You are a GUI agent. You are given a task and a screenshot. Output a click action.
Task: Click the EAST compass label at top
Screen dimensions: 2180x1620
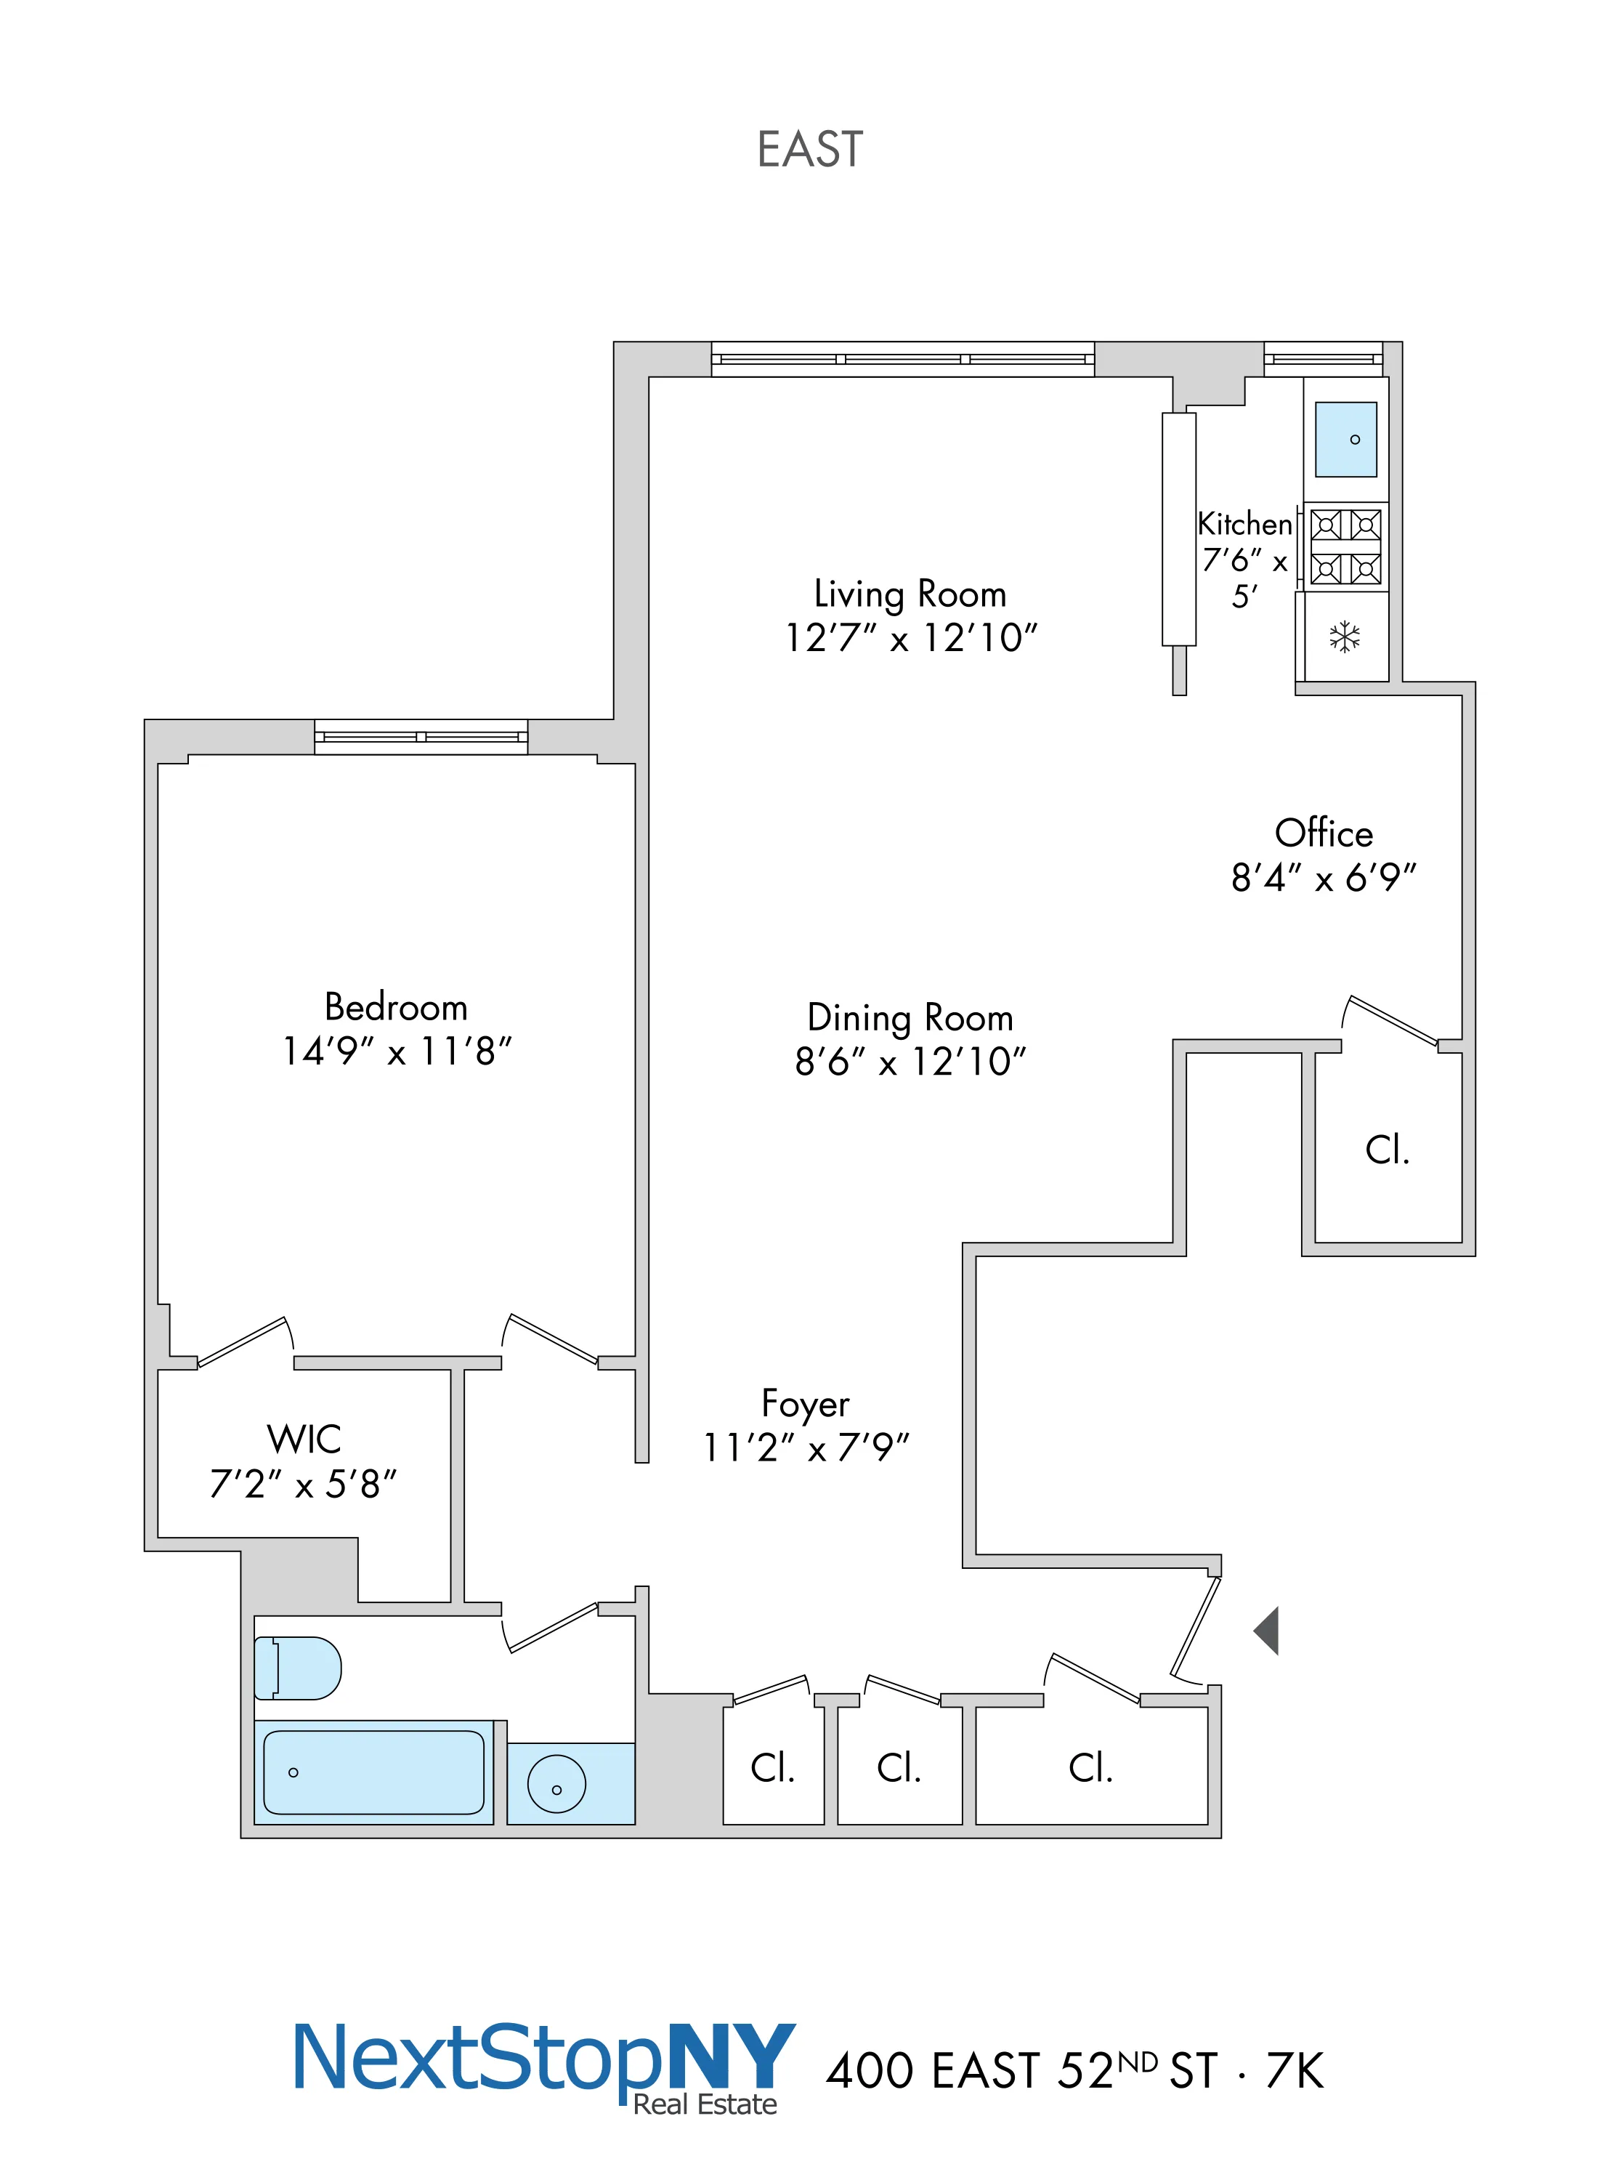pyautogui.click(x=810, y=150)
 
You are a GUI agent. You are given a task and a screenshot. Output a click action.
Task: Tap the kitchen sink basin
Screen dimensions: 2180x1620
pyautogui.click(x=1345, y=440)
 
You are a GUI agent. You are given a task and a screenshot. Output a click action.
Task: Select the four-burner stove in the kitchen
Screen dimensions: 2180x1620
pyautogui.click(x=1345, y=547)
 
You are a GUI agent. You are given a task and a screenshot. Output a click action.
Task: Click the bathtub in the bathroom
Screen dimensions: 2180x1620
pyautogui.click(x=373, y=1772)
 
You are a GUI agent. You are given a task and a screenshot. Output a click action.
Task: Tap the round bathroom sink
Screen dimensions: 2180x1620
pyautogui.click(x=556, y=1784)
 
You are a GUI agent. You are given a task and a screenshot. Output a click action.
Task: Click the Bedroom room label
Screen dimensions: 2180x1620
pyautogui.click(x=396, y=1007)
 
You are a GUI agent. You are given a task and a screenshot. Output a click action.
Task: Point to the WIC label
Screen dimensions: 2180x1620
pyautogui.click(x=304, y=1440)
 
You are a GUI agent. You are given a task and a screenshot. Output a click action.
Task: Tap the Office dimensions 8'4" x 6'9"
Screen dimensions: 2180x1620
pyautogui.click(x=1324, y=878)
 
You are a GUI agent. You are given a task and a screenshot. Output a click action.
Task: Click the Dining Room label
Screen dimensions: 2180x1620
pyautogui.click(x=910, y=1018)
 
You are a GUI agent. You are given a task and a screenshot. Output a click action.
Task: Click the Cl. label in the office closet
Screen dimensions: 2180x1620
pyautogui.click(x=1387, y=1150)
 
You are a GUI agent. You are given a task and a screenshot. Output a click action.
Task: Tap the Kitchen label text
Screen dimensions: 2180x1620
pyautogui.click(x=1244, y=524)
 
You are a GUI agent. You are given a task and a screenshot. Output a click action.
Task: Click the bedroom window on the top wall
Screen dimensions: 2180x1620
pyautogui.click(x=421, y=736)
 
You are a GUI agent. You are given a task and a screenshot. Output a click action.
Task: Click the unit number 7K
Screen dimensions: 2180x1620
pyautogui.click(x=1295, y=2071)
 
